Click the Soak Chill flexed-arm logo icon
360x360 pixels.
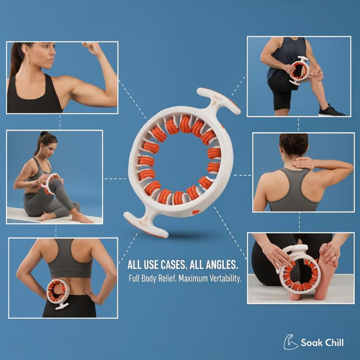click(x=291, y=342)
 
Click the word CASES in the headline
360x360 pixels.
click(x=173, y=265)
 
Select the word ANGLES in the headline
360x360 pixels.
click(x=222, y=265)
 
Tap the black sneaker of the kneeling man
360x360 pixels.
click(x=331, y=111)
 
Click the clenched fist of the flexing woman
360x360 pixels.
click(x=91, y=47)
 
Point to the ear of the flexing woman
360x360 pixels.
click(x=25, y=49)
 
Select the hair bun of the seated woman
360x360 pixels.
click(x=44, y=134)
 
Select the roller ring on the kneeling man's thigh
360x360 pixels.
click(x=299, y=70)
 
